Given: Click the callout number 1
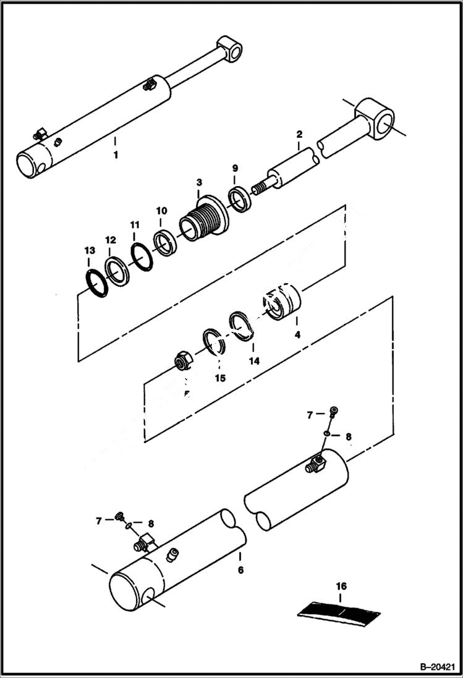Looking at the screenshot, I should (115, 155).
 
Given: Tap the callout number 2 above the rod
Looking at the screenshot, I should (299, 134).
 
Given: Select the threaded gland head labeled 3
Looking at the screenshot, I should (202, 220).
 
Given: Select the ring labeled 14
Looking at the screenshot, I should (241, 326).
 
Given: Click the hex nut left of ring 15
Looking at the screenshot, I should (183, 362).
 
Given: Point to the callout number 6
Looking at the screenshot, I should (240, 569).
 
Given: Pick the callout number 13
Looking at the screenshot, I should (90, 250).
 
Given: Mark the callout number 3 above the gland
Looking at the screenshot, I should (199, 182).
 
